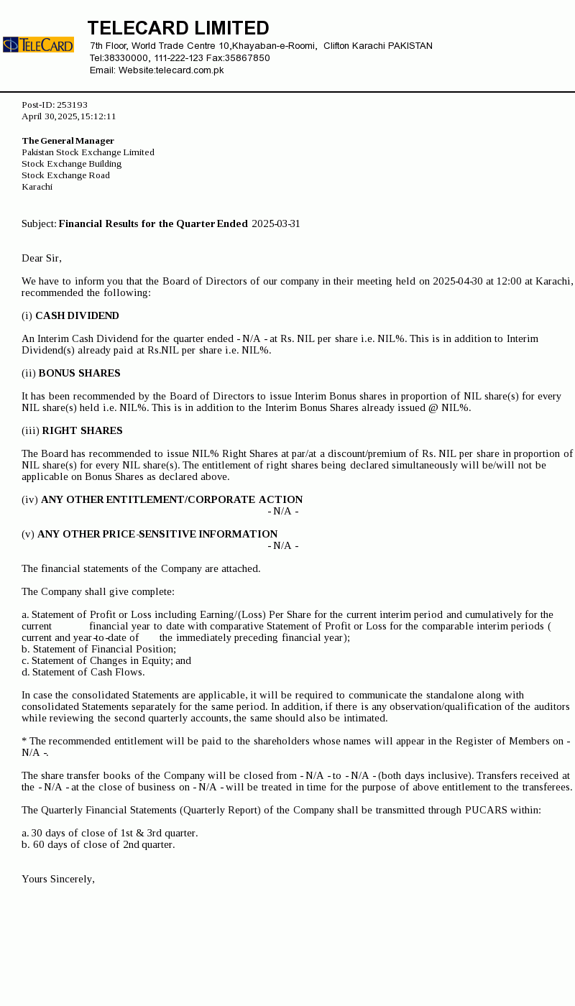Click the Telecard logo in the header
pyautogui.click(x=38, y=45)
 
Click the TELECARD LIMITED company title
pyautogui.click(x=178, y=28)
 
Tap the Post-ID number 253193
pyautogui.click(x=72, y=105)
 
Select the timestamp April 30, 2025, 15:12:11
pyautogui.click(x=69, y=116)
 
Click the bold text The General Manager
pyautogui.click(x=68, y=141)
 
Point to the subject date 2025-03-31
pyautogui.click(x=276, y=224)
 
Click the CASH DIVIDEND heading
pyautogui.click(x=77, y=316)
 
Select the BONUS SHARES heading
pyautogui.click(x=79, y=374)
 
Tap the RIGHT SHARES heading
pyautogui.click(x=82, y=431)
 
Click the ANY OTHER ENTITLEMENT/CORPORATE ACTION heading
pyautogui.click(x=172, y=500)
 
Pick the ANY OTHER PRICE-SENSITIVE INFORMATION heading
pyautogui.click(x=157, y=535)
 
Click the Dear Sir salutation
pyautogui.click(x=42, y=259)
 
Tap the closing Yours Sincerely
pyautogui.click(x=58, y=880)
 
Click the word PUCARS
pyautogui.click(x=485, y=811)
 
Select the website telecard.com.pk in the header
pyautogui.click(x=190, y=70)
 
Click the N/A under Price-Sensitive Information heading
pyautogui.click(x=282, y=546)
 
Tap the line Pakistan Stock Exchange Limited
pyautogui.click(x=88, y=152)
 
